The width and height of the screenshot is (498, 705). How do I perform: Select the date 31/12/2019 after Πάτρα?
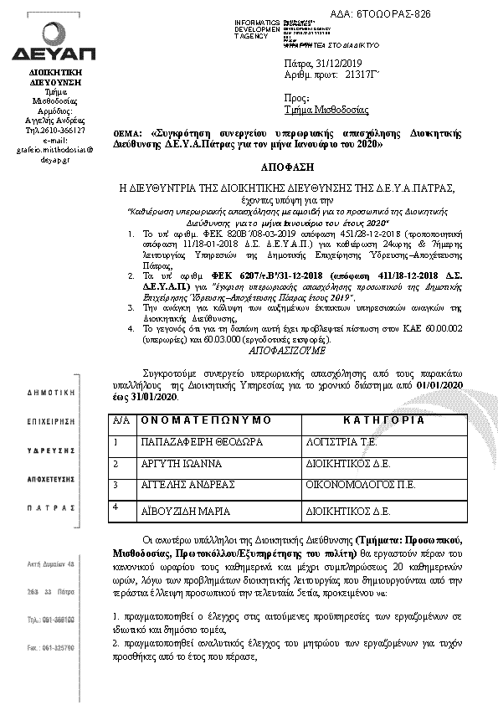coord(339,64)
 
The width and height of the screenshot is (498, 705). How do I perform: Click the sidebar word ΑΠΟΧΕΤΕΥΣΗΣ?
coord(52,483)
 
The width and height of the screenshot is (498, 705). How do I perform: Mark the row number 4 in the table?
coord(117,506)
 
